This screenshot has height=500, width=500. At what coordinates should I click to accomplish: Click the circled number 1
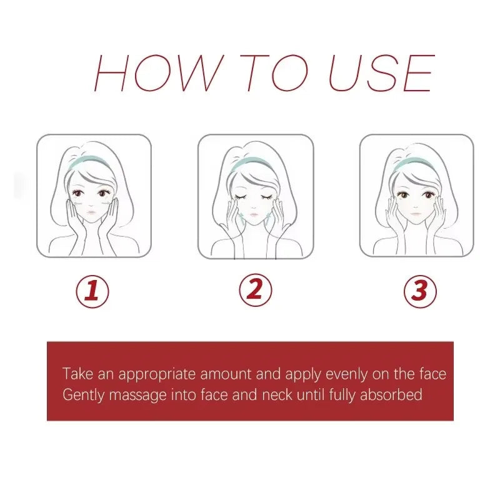point(92,291)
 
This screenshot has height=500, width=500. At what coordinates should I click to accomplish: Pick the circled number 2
point(256,289)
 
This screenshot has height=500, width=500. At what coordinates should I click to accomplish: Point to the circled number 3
point(419,291)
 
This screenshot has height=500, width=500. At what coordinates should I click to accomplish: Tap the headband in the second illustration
point(254,164)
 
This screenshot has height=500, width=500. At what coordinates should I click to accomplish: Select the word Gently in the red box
point(82,395)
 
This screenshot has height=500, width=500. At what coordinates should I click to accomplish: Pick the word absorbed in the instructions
point(392,395)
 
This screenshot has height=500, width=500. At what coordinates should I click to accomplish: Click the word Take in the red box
point(76,374)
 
